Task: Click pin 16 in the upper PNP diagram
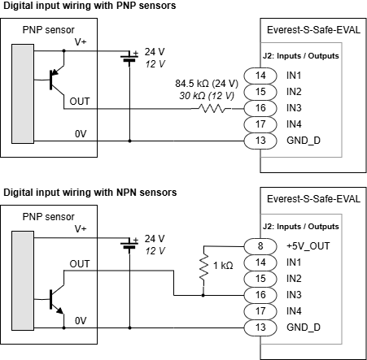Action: click(260, 108)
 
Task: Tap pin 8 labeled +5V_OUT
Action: click(260, 246)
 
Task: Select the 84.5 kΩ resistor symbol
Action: click(212, 109)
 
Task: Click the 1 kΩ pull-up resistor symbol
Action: click(203, 267)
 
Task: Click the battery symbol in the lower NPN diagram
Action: click(129, 245)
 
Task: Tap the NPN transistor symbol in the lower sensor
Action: click(57, 299)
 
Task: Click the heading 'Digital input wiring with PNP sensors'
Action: click(90, 6)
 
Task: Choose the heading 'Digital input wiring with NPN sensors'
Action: click(90, 193)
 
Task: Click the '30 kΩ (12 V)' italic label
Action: click(207, 96)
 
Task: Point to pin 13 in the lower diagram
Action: click(260, 327)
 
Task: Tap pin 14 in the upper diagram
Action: click(260, 76)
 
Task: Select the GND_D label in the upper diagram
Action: click(304, 141)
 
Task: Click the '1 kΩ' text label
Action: click(223, 266)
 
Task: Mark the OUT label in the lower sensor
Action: click(80, 264)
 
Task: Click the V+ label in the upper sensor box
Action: click(81, 42)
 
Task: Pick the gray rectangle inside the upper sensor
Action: click(23, 93)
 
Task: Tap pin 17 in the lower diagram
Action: click(260, 311)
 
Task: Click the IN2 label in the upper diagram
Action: click(294, 92)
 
